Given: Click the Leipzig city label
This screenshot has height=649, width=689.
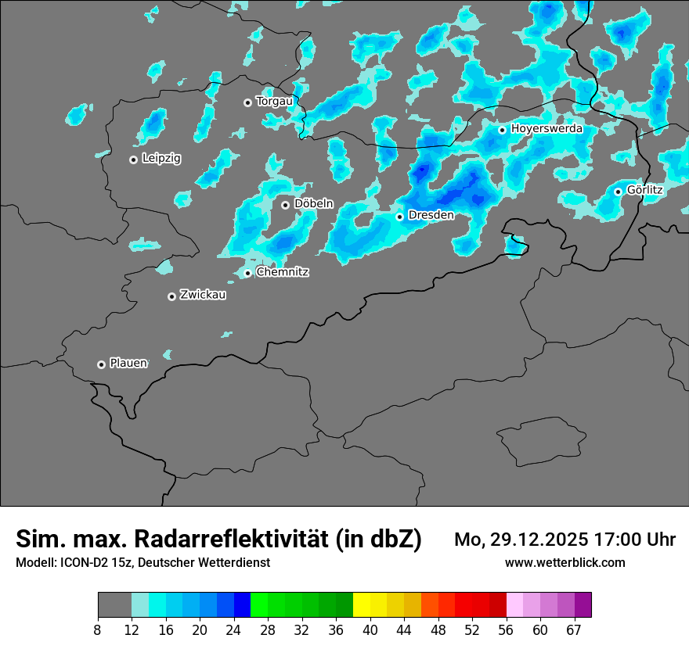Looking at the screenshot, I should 161,159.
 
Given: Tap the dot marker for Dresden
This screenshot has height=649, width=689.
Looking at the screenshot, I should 400,217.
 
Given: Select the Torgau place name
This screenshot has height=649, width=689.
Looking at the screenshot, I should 274,102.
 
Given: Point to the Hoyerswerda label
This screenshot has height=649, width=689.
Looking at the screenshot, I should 547,129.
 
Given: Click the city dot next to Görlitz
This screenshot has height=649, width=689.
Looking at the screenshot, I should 618,192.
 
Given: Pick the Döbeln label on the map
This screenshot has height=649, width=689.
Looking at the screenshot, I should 313,204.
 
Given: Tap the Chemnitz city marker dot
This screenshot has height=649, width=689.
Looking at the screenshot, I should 247,273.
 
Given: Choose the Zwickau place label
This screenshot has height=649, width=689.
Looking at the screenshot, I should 203,296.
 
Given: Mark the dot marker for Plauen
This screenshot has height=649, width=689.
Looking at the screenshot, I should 101,364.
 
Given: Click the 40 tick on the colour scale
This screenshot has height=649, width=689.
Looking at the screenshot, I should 370,629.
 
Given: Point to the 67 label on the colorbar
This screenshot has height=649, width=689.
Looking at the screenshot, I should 573,629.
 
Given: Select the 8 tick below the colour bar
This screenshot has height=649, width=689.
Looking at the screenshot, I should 98,629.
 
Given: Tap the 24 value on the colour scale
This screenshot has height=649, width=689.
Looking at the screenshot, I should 234,629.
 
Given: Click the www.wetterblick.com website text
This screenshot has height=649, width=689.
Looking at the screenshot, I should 565,562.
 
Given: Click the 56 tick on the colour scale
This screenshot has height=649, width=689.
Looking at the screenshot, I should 506,629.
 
